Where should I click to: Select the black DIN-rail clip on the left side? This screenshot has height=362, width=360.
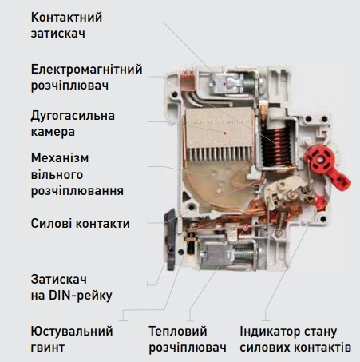[x=171, y=240]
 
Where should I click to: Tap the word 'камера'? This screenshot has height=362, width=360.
[x=56, y=131]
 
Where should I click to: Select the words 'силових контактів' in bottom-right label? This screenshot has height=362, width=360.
[x=295, y=348]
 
